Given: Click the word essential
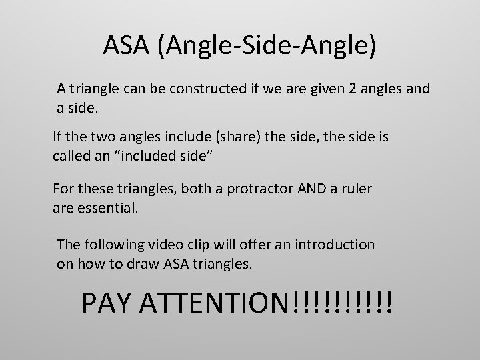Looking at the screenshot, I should [107, 207].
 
